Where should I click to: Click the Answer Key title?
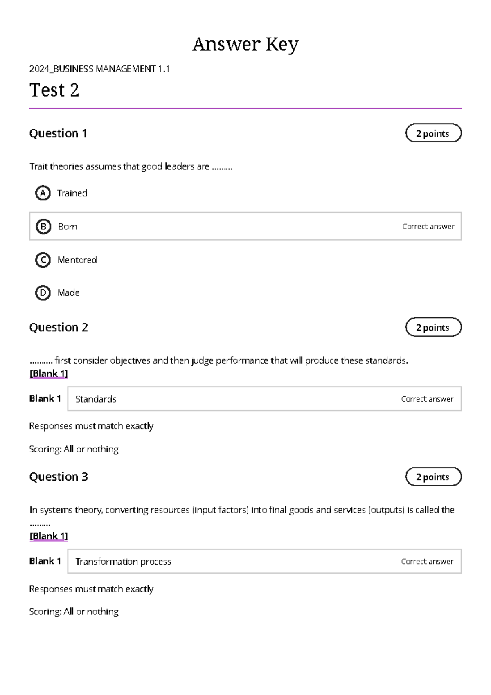pos(245,44)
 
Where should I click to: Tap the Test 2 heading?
pos(54,90)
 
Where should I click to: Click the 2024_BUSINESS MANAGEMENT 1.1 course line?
pos(99,69)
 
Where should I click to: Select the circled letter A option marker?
pos(43,193)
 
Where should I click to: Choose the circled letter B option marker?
pos(43,227)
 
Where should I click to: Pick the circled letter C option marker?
pos(43,260)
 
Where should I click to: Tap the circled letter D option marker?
pos(43,292)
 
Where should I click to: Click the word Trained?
pos(72,193)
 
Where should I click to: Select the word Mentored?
pos(77,260)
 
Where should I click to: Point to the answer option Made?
pos(68,292)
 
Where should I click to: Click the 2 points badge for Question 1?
pos(433,133)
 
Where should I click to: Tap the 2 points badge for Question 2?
pos(433,327)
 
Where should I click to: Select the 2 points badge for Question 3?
pos(433,477)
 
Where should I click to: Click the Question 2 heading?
pos(59,327)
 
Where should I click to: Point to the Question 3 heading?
pos(59,477)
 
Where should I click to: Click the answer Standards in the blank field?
pos(96,399)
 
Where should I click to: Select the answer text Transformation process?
pos(123,561)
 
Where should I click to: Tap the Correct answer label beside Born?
pos(428,227)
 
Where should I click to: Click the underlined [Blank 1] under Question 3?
pos(49,536)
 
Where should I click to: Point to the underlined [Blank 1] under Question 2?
pos(49,373)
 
